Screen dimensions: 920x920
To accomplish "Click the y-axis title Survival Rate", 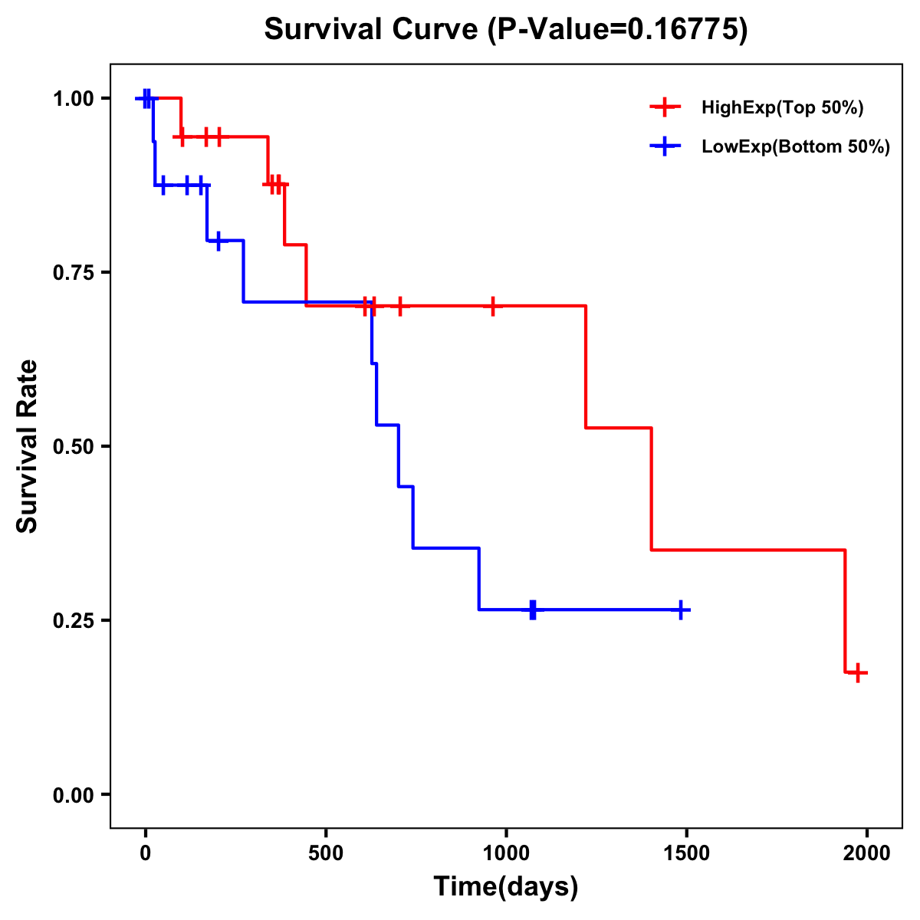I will coord(28,446).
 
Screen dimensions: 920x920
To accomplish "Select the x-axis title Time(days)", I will coord(506,886).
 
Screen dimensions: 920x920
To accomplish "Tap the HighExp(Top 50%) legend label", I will coord(782,108).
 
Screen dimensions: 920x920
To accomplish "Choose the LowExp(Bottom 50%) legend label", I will coord(796,147).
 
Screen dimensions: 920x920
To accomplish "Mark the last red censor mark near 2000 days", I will coord(858,672).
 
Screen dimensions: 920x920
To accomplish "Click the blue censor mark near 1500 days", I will coord(680,609).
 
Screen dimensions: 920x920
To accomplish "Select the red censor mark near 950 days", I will coord(493,306).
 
